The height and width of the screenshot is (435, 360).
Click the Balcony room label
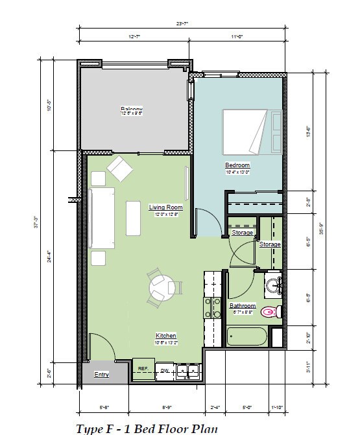point(132,108)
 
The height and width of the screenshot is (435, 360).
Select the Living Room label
point(165,207)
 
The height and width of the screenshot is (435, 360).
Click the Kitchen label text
point(165,335)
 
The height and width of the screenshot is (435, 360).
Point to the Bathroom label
point(243,305)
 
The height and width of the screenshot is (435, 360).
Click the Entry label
point(101,375)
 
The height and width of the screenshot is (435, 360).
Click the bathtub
point(247,337)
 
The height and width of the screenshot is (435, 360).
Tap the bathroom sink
point(274,284)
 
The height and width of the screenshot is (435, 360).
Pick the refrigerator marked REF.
point(142,369)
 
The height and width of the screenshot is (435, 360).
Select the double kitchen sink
point(187,371)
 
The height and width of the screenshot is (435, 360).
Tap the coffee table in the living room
point(134,218)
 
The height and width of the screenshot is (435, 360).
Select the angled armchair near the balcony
point(120,170)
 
